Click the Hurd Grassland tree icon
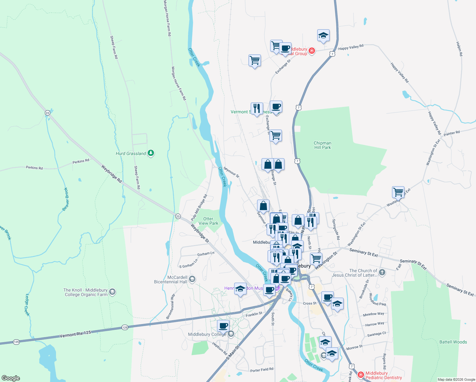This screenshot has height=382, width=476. click(x=151, y=153)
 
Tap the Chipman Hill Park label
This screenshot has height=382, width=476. click(x=322, y=145)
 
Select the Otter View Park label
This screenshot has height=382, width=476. click(x=208, y=221)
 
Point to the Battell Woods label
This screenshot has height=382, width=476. click(x=453, y=342)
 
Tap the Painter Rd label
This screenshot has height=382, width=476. click(x=451, y=133)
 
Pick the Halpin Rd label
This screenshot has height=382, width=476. click(x=459, y=49)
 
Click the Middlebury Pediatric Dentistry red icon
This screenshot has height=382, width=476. click(x=361, y=375)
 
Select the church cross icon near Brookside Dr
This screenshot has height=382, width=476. click(x=382, y=272)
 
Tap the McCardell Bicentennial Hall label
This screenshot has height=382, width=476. click(x=171, y=279)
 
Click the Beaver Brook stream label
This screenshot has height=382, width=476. click(x=66, y=199)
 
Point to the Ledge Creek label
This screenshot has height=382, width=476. click(x=27, y=305)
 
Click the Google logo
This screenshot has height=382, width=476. click(x=11, y=378)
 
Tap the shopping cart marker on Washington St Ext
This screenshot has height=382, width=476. click(x=398, y=192)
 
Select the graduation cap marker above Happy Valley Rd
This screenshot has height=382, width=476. click(x=323, y=36)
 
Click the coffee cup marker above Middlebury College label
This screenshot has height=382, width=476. click(x=223, y=326)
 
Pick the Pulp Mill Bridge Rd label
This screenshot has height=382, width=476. click(x=199, y=208)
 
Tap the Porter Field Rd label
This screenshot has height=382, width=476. click(x=262, y=370)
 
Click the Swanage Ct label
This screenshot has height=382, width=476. click(x=376, y=334)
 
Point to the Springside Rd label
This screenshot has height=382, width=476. click(x=336, y=229)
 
